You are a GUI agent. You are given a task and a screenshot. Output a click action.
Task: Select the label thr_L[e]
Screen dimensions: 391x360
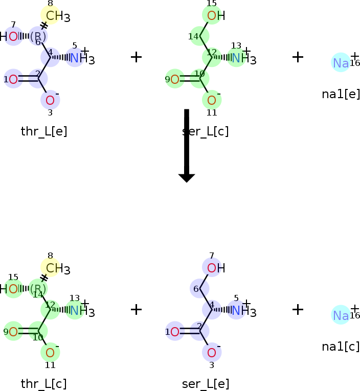[44, 131]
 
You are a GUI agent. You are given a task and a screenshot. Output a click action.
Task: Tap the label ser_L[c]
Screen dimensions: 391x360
[206, 131]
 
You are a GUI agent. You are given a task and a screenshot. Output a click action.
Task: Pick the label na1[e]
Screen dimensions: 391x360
[341, 94]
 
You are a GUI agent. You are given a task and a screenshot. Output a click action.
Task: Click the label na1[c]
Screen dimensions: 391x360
[341, 346]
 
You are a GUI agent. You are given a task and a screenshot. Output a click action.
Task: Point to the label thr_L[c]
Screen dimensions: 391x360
[44, 384]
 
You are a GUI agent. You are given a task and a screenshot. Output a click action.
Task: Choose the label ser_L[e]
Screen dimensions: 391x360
[206, 384]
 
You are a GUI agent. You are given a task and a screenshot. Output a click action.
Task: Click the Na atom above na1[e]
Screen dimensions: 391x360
[341, 63]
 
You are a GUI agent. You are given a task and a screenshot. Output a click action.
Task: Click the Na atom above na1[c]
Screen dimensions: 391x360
[341, 315]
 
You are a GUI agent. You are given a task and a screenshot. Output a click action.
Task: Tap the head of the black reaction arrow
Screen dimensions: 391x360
[187, 177]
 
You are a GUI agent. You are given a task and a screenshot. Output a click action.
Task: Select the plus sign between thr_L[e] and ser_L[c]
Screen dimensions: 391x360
[136, 57]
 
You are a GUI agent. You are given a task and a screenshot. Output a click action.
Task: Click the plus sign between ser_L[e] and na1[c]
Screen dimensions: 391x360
[298, 309]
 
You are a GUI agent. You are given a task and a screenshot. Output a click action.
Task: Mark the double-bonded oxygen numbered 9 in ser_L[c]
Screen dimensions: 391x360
[174, 79]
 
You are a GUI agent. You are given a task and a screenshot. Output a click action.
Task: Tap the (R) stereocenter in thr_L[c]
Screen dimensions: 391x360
[38, 289]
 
